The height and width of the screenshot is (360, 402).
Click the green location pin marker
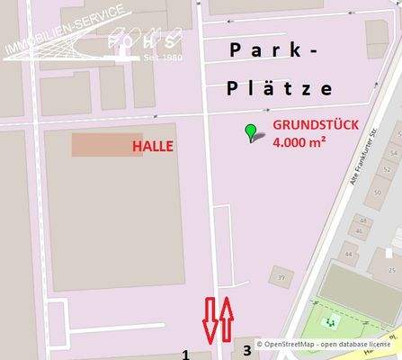point(251,133)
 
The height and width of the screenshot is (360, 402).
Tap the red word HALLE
point(153,145)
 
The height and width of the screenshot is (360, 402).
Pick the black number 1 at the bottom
point(186,353)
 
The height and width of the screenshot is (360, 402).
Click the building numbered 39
point(282,276)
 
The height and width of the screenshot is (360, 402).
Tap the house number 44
point(348,253)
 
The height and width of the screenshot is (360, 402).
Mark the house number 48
point(364,219)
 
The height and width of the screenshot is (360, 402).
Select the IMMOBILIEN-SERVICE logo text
point(54,37)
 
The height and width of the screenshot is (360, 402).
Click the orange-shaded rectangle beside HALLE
point(94,145)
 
